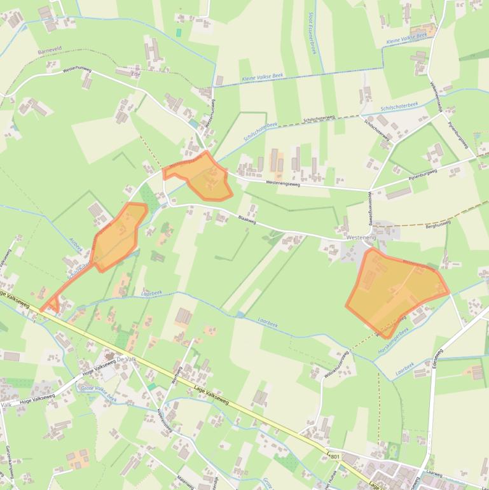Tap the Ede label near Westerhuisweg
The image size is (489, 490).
134,74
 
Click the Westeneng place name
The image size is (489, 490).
362,237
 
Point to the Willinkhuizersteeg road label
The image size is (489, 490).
337,366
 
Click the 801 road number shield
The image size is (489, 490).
334,457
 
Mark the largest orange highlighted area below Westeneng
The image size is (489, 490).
396,290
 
